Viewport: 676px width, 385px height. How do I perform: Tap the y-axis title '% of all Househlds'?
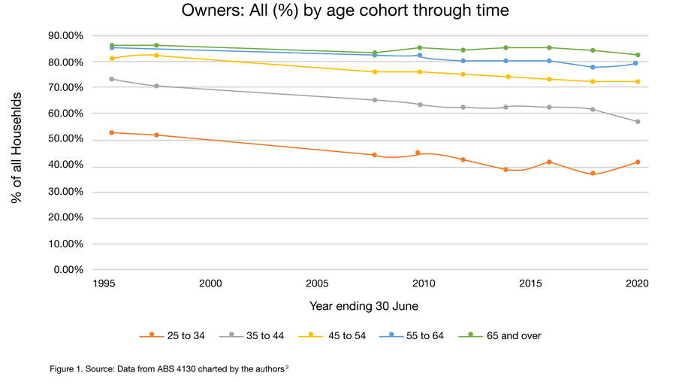(x=16, y=152)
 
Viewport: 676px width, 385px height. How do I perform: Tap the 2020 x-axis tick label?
(x=637, y=283)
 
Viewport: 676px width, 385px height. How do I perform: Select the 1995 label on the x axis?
(x=104, y=283)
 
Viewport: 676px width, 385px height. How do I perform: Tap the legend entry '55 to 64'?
(x=418, y=335)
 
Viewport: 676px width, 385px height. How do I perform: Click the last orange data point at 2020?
(x=637, y=162)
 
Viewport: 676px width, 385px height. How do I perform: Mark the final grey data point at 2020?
(x=637, y=122)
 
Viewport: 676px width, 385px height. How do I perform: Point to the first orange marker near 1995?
(x=112, y=132)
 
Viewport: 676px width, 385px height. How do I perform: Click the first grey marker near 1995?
(x=112, y=79)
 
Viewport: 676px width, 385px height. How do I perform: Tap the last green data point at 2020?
(x=637, y=55)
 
